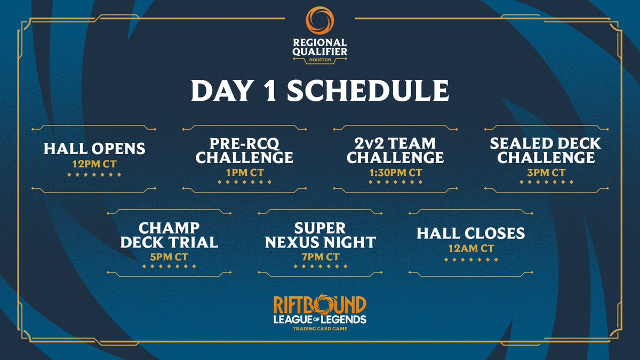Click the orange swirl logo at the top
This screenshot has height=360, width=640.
point(319,20)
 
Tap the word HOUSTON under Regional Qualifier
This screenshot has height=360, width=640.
point(319,60)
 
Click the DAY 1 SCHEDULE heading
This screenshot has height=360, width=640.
point(319,91)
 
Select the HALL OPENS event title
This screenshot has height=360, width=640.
point(94,148)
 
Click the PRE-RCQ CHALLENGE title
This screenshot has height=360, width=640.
point(245,150)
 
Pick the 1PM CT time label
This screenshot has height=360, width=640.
point(245,172)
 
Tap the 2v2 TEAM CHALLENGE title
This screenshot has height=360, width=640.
point(395,150)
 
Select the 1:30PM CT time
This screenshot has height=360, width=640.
point(395,172)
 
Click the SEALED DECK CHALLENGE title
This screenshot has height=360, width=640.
point(546,150)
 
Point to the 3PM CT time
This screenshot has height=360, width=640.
point(546,172)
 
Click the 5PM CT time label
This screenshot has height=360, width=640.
point(169,257)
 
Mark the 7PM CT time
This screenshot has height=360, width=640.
point(320,257)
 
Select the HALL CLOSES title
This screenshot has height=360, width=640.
point(471,233)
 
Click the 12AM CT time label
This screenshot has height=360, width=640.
point(471,249)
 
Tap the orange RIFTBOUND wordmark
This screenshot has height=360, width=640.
point(320,305)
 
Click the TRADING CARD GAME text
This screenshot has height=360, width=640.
point(320,329)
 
